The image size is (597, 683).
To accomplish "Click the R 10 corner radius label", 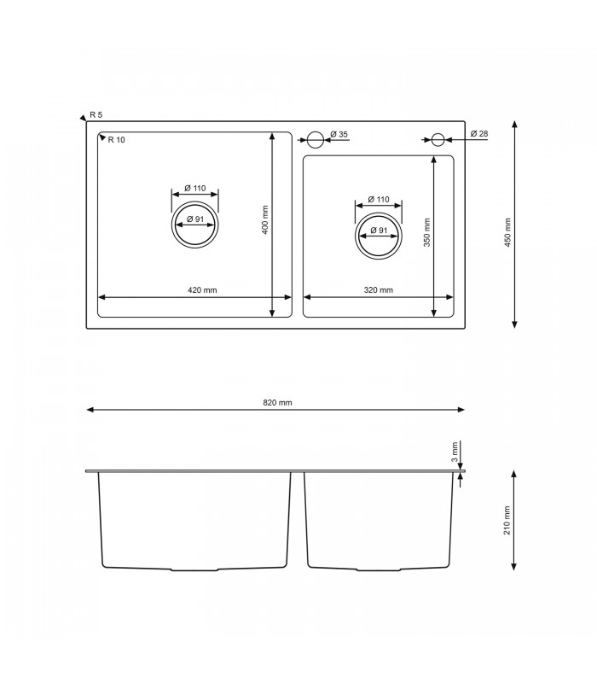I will coord(116,139).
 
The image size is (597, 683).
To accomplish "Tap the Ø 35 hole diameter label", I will coord(339,135).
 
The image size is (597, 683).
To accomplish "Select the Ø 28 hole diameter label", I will coord(478,135).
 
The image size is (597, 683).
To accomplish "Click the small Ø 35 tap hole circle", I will coord(315,138).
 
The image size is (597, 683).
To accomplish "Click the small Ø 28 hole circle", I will coord(438,138).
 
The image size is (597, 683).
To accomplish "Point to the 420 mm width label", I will coord(202,290).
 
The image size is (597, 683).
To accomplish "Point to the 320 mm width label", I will coord(378,290).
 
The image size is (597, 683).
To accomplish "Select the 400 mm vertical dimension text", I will coord(265,221).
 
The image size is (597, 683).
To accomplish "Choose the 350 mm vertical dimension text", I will coord(427,231).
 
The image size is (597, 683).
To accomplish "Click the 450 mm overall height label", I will coord(507,231).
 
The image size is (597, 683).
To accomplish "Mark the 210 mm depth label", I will coord(507,520).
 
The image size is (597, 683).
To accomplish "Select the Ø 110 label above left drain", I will coord(195,189).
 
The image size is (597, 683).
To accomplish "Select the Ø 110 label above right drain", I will coord(378,200).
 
